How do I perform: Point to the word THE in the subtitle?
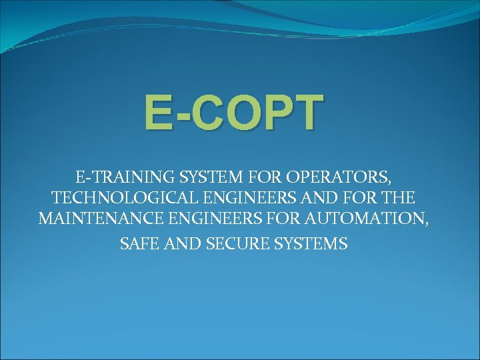398,198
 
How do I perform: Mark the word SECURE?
223,244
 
